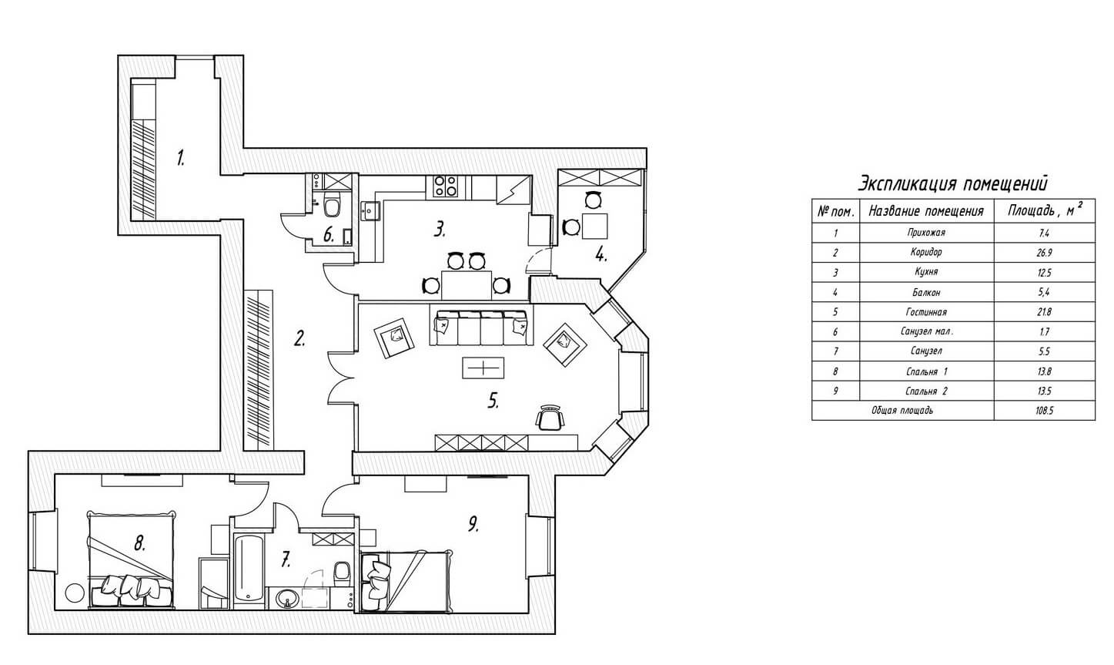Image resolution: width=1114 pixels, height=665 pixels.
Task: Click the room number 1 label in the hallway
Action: tap(180, 158)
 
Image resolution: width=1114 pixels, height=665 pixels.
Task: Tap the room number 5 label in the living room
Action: tap(493, 400)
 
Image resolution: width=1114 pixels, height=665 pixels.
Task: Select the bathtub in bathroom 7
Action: tap(249, 569)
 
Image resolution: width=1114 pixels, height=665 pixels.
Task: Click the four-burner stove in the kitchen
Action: tap(446, 186)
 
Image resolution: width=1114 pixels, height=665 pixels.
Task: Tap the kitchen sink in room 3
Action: tap(370, 210)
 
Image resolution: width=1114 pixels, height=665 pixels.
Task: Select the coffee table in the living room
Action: tap(483, 368)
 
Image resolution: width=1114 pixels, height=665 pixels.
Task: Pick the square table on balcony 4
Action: tap(595, 226)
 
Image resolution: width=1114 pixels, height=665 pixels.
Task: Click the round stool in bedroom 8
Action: tap(75, 593)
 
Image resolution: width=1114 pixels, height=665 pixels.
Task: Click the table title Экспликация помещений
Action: tap(952, 183)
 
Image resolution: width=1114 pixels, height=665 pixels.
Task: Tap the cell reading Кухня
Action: tap(926, 272)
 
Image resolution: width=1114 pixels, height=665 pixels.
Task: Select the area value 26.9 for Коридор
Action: tap(1044, 253)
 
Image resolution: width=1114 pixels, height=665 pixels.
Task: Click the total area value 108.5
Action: tap(1044, 411)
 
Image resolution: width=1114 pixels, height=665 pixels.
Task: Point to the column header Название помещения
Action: tap(926, 212)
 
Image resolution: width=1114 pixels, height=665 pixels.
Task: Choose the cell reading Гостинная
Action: tap(926, 312)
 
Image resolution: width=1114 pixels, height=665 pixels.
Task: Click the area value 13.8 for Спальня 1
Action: tap(1044, 371)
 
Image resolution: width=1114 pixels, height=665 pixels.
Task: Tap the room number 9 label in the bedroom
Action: tap(473, 524)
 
